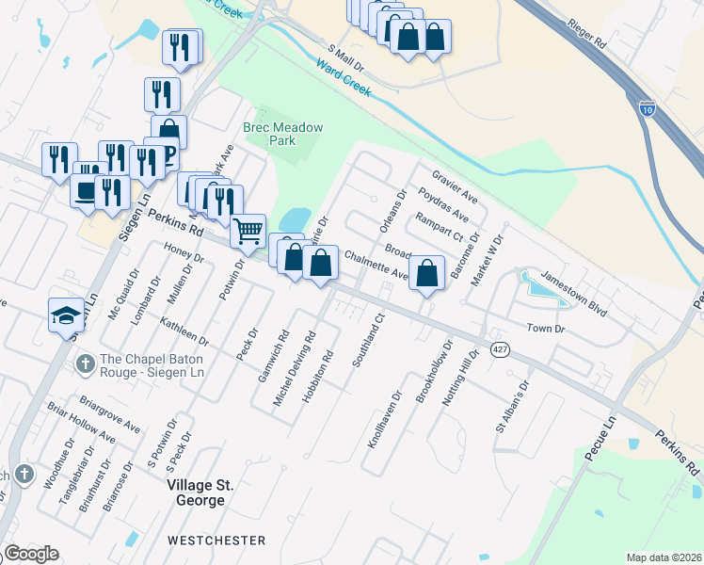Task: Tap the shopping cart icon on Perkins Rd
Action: pyautogui.click(x=248, y=229)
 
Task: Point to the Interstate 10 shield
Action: pyautogui.click(x=647, y=110)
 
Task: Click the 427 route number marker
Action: pyautogui.click(x=500, y=349)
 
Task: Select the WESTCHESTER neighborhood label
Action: pyautogui.click(x=216, y=541)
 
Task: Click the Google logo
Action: pyautogui.click(x=31, y=554)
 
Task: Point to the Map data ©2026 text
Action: pyautogui.click(x=664, y=557)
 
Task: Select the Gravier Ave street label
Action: pyautogui.click(x=456, y=186)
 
